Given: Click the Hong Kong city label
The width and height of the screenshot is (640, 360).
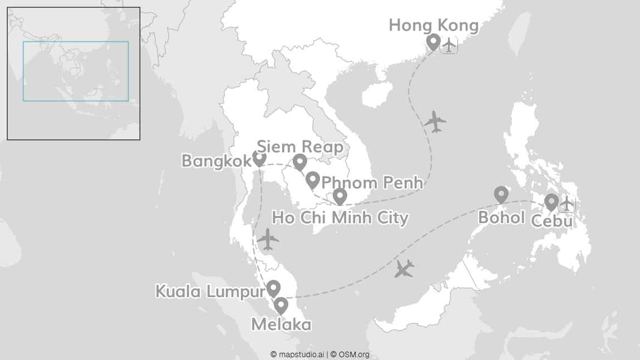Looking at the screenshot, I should (434, 25).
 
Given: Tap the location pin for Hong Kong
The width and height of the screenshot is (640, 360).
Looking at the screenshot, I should (433, 42).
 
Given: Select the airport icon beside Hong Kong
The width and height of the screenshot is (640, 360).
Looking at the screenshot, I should (449, 45).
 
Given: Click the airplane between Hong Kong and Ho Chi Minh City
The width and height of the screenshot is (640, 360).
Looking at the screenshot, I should (435, 121).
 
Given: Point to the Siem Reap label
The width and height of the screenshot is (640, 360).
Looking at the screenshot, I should (299, 145).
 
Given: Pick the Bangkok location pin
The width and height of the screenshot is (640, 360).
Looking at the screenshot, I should (259, 159).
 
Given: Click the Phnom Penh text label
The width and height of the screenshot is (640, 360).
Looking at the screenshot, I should (372, 183).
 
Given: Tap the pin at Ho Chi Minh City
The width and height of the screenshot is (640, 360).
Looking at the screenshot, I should (339, 196).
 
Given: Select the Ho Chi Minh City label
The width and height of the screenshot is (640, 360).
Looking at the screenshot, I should (339, 218).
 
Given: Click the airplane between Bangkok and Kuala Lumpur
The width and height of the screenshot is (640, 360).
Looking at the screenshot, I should (268, 239).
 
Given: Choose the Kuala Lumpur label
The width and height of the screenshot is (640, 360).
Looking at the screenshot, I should (210, 291).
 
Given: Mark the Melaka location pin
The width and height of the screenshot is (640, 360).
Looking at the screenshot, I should (281, 305).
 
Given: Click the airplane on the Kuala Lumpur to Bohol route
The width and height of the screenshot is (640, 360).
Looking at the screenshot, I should (404, 269).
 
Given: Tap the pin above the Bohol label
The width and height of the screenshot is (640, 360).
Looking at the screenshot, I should (501, 194).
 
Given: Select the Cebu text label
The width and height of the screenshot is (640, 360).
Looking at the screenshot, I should (552, 221).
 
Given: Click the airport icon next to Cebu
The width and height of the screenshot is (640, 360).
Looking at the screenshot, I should (567, 204).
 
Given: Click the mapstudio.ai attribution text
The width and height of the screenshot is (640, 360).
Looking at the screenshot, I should (297, 354).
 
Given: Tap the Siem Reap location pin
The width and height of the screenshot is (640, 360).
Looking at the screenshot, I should (300, 162).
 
